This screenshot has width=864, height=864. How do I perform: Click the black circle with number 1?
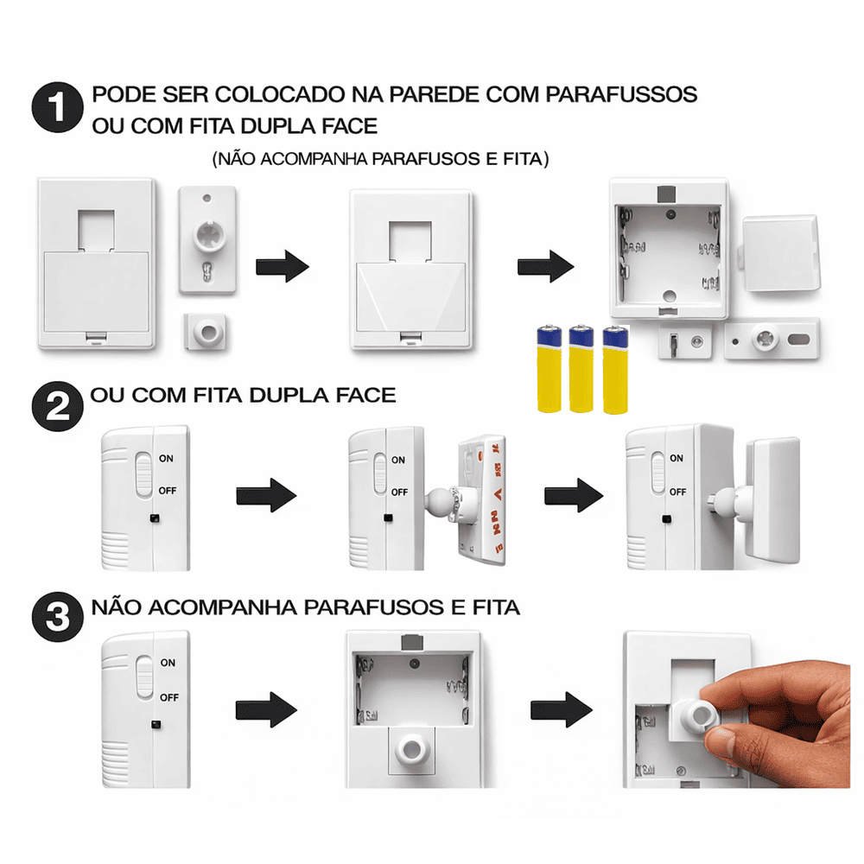coord(57,107)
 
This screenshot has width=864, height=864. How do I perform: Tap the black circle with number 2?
coord(57,406)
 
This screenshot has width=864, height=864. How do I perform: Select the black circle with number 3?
coord(57,617)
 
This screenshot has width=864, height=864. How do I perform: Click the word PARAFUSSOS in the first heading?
coord(621,94)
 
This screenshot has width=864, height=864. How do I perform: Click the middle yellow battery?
coord(581,368)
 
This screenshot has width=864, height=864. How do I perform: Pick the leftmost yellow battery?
coord(549,368)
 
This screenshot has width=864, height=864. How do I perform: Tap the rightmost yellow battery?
coord(615,369)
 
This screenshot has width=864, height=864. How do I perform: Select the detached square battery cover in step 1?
coord(780,253)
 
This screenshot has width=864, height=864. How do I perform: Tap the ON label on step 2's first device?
coord(166,459)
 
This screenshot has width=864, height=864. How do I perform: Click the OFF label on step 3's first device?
coord(169,697)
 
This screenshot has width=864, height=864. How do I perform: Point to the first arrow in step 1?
coord(283,267)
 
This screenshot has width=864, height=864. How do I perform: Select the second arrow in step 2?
coord(573,495)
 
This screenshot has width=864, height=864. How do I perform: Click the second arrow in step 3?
coord(561,709)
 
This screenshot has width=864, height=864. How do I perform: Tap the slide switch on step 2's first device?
coord(143,474)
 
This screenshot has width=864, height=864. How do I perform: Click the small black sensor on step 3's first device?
coord(156,725)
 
